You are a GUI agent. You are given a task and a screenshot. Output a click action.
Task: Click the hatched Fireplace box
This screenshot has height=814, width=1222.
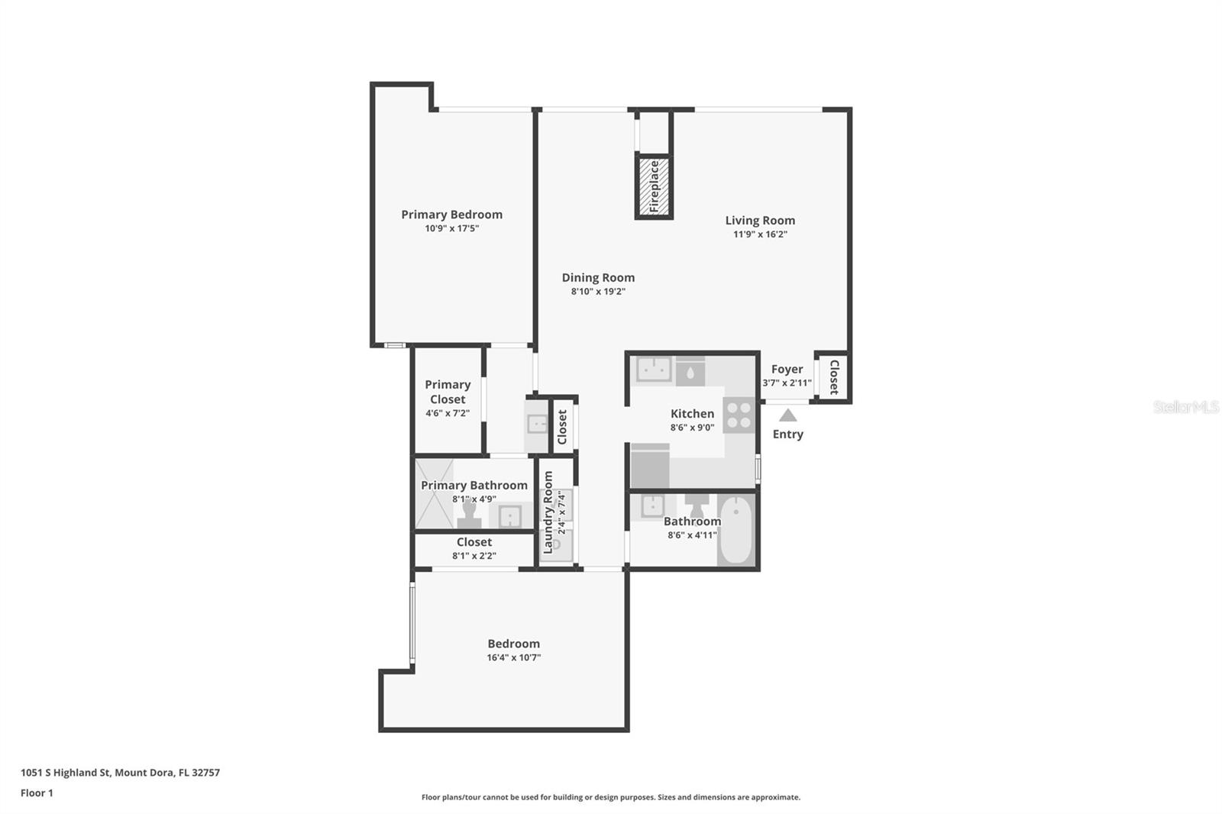coord(654,187)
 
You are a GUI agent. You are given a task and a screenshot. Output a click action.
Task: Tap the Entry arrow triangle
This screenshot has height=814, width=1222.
coord(787,415)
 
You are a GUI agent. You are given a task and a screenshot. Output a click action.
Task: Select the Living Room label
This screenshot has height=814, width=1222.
coord(760,221)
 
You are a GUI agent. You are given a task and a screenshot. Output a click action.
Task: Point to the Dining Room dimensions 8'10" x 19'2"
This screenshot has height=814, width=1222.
coord(598,292)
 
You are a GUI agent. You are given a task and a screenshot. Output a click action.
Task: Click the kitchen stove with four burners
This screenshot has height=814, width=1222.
coord(739,415)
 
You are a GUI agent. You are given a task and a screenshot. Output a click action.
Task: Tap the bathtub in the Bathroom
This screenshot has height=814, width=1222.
coord(736,530)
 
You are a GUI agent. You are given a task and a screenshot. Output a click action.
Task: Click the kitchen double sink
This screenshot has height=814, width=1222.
coord(654,370)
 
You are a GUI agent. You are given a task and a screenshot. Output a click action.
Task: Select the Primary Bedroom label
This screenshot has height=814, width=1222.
coord(451,215)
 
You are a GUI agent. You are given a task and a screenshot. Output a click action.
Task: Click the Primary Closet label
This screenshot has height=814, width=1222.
coord(448,392)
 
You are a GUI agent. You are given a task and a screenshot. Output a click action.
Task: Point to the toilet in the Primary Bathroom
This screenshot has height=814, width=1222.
coord(468,514)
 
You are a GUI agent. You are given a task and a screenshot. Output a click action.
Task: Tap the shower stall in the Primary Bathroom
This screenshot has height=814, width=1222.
coord(433,493)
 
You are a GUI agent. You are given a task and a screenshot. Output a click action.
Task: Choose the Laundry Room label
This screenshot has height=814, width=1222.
coord(548,512)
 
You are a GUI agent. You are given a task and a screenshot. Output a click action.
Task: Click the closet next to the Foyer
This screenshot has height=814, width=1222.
coord(833,376)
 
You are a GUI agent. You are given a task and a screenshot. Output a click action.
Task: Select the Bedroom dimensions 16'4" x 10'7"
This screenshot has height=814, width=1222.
coord(513,657)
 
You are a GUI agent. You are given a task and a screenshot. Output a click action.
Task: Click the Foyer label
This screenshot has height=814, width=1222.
coord(787,370)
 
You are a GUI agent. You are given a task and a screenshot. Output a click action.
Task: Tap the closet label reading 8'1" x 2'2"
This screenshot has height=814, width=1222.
coord(474,556)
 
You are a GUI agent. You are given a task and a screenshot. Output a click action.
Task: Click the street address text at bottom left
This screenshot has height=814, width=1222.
coord(120,773)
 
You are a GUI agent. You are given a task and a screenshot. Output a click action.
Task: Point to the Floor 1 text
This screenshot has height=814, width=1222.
coord(37,793)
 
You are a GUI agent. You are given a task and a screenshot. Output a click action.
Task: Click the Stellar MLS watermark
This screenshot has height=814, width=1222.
coord(1185,407)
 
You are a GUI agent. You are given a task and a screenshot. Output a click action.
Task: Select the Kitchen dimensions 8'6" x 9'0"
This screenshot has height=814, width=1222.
coord(692,428)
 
